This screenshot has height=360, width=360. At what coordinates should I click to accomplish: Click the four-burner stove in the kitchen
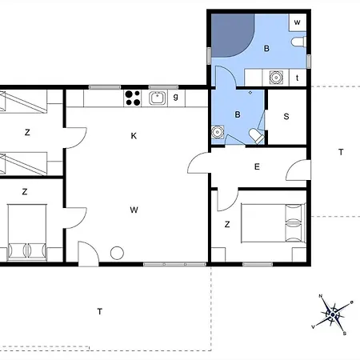133,98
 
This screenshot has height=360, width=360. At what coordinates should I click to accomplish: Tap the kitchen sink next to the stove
157,98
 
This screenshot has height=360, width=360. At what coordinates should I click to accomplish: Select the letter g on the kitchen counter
175,97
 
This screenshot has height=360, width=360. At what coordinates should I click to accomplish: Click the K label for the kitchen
134,136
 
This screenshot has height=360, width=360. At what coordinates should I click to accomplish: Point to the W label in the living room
134,210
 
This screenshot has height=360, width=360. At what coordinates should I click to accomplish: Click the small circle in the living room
117,253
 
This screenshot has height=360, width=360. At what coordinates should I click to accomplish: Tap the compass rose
333,314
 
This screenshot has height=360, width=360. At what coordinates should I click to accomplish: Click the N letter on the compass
321,296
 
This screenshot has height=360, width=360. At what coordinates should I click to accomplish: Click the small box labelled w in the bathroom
298,22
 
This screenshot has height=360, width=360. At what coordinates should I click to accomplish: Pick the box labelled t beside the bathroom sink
298,78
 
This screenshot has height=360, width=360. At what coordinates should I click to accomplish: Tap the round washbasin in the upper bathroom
276,78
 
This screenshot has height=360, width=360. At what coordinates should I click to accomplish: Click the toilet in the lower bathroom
257,136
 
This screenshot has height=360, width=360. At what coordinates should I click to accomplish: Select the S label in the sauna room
286,117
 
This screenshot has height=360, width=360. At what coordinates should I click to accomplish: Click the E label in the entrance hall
257,166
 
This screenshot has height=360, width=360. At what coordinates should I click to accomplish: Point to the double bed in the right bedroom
273,223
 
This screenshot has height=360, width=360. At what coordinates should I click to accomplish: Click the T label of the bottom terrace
99,311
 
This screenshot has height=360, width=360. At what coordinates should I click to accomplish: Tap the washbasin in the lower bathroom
218,132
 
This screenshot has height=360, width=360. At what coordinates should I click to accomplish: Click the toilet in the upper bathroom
298,42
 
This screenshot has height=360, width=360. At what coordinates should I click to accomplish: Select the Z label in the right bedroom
227,224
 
